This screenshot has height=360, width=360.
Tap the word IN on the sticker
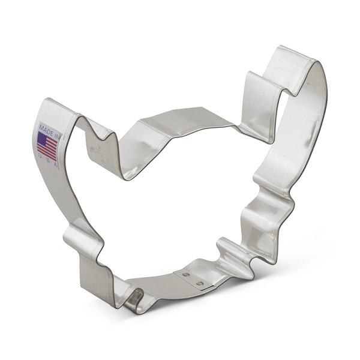pos(57,136)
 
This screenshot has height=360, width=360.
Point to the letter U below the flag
pos(40,156)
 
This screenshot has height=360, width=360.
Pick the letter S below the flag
pos(48,160)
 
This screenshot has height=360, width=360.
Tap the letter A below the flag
pos(55,164)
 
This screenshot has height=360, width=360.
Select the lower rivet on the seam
pos(200,283)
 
